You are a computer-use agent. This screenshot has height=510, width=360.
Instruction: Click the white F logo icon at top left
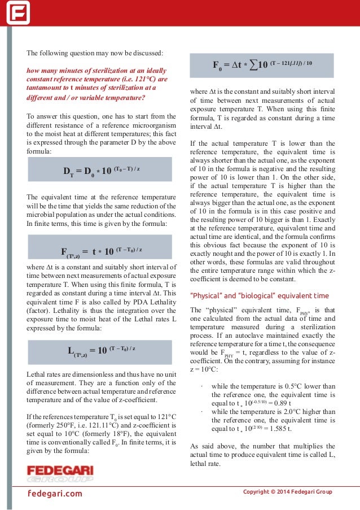[x=18, y=12]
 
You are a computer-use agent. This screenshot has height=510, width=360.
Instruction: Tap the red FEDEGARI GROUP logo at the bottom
[x=60, y=474]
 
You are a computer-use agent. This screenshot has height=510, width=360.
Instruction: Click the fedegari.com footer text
[x=55, y=494]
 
